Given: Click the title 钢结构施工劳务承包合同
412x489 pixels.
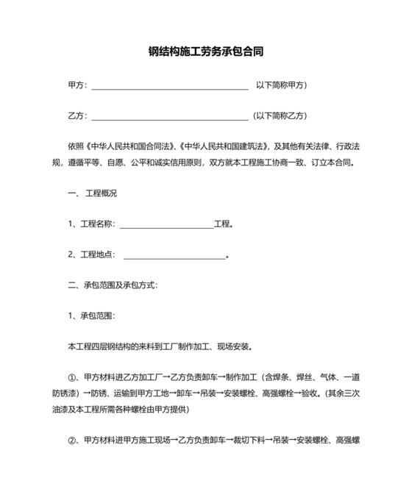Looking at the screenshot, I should point(206,52).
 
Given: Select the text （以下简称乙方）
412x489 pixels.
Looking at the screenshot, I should point(279,115).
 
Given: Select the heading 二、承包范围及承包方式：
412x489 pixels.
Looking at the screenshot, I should point(112,285).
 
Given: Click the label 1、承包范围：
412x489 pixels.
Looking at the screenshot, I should point(91,315).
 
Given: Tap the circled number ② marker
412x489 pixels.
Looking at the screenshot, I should point(73,441).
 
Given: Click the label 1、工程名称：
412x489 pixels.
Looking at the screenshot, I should point(92,224).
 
